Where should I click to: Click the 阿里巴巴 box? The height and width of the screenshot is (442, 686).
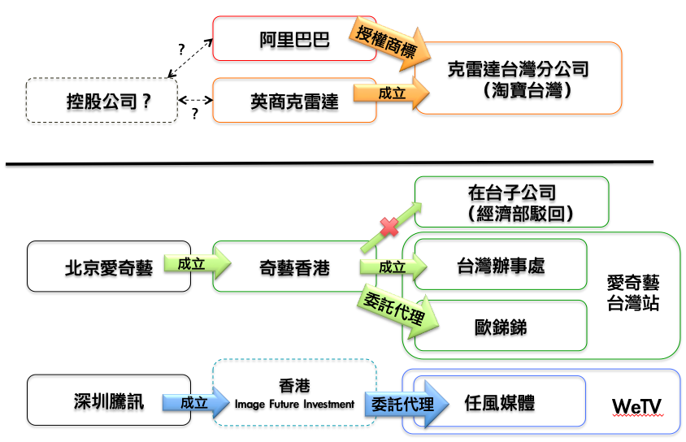[x=294, y=38]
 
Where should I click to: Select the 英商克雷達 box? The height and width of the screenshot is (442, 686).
[x=294, y=101]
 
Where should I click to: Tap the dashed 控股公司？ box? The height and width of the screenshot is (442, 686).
[x=102, y=101]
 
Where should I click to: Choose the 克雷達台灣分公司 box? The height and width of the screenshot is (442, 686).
[x=518, y=78]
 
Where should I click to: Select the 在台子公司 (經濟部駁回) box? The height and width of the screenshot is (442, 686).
[x=511, y=203]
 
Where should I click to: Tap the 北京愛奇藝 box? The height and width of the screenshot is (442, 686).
[x=108, y=266]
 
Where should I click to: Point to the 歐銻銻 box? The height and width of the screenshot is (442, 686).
[x=500, y=326]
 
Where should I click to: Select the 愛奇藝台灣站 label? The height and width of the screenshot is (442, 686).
[x=633, y=293]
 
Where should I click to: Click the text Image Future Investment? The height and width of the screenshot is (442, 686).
[x=294, y=404]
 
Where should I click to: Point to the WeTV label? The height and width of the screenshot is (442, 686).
[x=637, y=405]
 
